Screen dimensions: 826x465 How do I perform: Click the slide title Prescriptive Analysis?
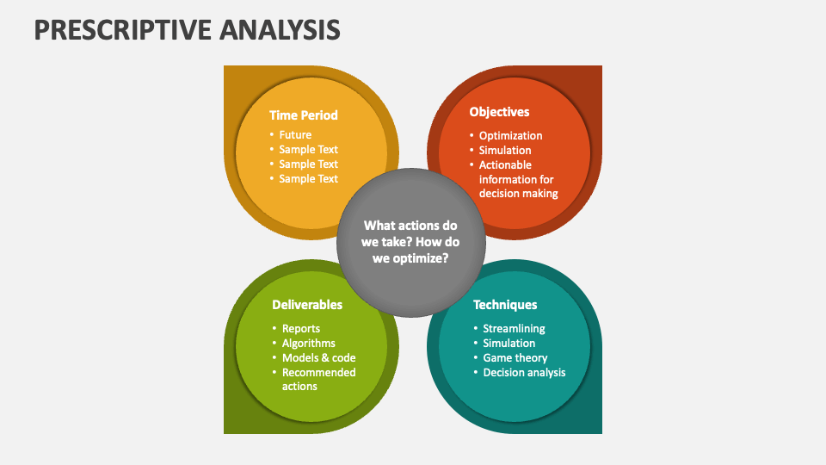[187, 29]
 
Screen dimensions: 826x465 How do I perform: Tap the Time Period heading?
[304, 115]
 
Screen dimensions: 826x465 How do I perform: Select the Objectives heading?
[499, 112]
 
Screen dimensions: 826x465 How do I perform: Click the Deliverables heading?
[307, 305]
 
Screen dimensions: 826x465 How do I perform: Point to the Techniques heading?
[505, 305]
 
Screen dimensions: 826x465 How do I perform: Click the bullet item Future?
[295, 135]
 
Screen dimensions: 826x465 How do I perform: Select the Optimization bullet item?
[510, 135]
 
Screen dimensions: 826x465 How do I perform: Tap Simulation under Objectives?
[505, 150]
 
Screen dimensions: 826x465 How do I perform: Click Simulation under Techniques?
[509, 344]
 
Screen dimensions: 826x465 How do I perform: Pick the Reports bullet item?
[301, 328]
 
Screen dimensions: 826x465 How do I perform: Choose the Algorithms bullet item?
[308, 344]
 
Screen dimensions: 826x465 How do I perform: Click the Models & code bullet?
[318, 358]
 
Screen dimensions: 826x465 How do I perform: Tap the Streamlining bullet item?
[514, 328]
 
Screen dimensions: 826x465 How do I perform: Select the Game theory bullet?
[515, 358]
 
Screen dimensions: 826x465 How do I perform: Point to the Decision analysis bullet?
[524, 372]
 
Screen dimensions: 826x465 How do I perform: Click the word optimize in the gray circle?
[419, 258]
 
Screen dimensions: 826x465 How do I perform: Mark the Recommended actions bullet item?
[318, 379]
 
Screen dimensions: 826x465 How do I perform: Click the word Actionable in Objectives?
[505, 165]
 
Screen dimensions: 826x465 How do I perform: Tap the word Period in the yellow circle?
[320, 115]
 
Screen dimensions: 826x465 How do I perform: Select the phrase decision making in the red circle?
[518, 194]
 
